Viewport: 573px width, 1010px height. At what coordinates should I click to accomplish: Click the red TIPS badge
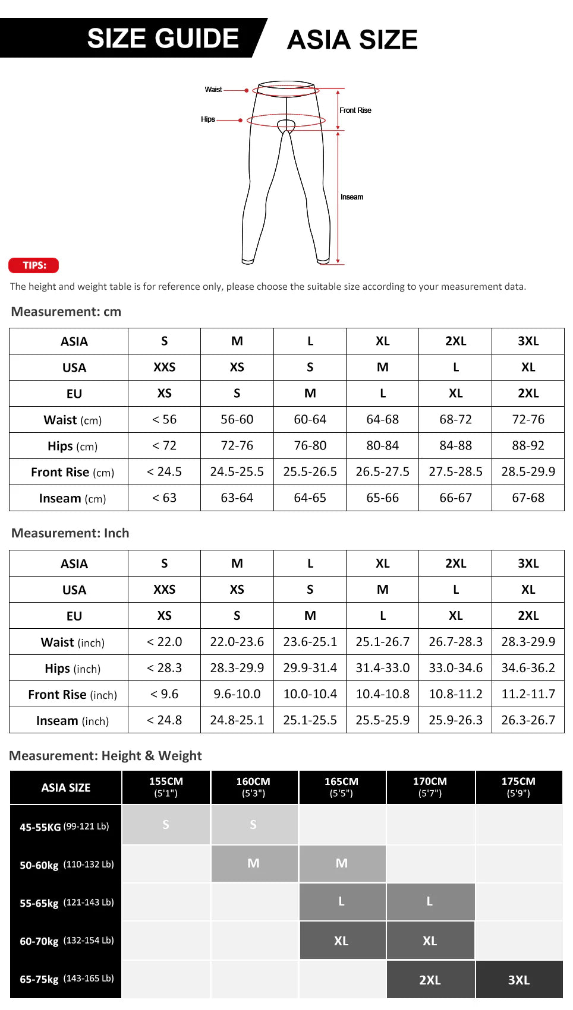[34, 265]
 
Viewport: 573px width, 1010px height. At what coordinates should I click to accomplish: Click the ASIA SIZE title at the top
[352, 40]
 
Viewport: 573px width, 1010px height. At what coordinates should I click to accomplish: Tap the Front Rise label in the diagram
[355, 110]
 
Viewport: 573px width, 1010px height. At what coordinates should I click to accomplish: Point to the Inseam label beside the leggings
[352, 197]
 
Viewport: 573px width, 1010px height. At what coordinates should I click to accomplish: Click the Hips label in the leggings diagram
[207, 119]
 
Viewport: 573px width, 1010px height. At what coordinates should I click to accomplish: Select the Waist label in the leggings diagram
[213, 90]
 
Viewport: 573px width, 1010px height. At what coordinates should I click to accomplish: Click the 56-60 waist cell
[237, 420]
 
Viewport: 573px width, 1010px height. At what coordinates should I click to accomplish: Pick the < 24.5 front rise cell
[164, 472]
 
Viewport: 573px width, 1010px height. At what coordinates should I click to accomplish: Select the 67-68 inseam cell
[528, 498]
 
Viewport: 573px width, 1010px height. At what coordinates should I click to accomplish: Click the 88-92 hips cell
[528, 446]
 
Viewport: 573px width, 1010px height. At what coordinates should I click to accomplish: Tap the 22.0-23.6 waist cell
[237, 642]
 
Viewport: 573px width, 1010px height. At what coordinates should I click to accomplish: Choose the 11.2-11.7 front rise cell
[528, 694]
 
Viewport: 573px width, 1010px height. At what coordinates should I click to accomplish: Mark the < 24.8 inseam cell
[164, 720]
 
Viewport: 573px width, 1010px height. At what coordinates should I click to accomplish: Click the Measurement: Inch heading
[70, 533]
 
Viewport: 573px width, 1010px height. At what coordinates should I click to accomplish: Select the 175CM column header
[518, 787]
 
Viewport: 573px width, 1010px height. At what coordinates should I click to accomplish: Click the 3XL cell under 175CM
[518, 980]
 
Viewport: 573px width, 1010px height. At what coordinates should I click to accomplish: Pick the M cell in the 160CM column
[253, 863]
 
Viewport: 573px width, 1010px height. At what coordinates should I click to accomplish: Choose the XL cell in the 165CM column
[341, 941]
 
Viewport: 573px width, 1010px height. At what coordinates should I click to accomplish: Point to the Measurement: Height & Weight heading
[105, 756]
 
